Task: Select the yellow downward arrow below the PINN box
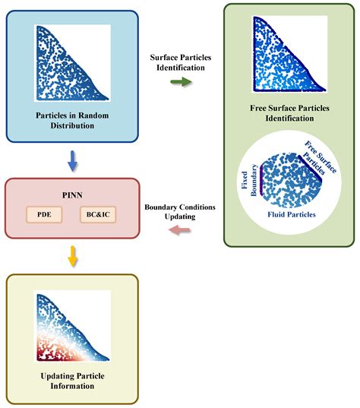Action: (71, 258)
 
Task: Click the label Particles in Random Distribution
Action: (72, 120)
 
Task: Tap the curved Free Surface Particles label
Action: (318, 160)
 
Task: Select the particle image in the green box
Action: (289, 53)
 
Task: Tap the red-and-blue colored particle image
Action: (72, 327)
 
